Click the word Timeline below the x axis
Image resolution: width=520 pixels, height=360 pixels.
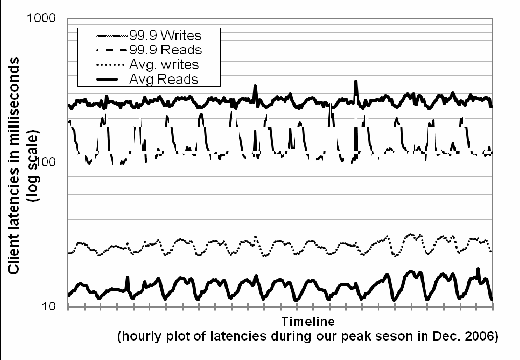[308, 321]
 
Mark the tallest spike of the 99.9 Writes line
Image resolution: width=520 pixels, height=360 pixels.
[355, 81]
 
